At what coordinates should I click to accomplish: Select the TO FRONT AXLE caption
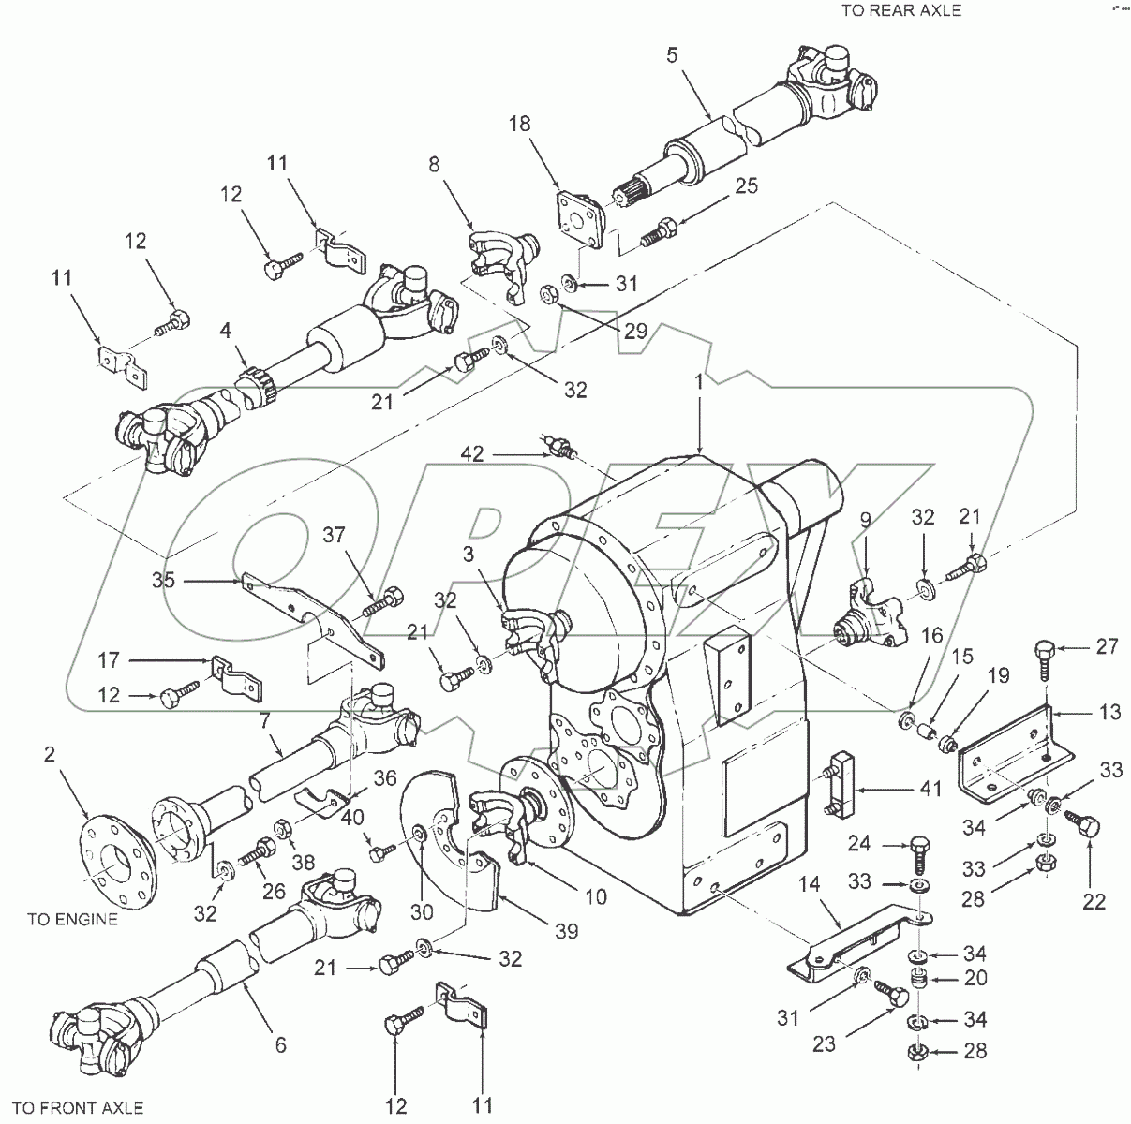[x=80, y=1108]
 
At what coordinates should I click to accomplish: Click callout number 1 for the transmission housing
[x=700, y=381]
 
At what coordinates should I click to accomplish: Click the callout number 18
[x=522, y=125]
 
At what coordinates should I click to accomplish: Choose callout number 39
[x=566, y=931]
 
